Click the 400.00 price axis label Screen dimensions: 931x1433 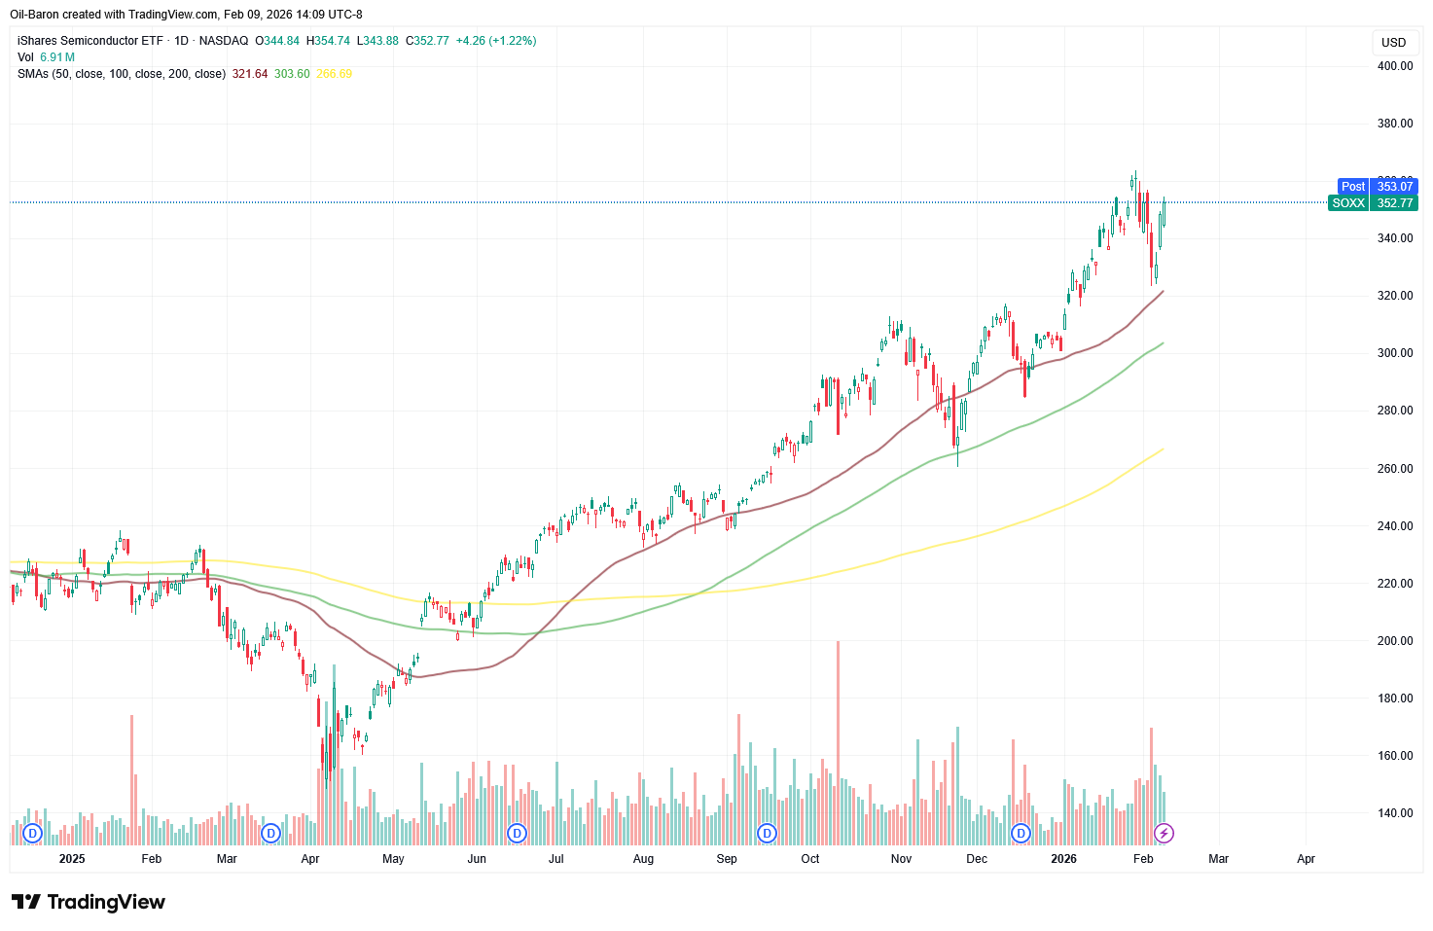pyautogui.click(x=1394, y=66)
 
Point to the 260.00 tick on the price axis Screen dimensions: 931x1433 pyautogui.click(x=1394, y=469)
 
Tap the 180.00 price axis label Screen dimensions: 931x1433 pyautogui.click(x=1394, y=698)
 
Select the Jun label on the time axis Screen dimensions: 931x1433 pyautogui.click(x=477, y=859)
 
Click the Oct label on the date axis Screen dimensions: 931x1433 pyautogui.click(x=810, y=859)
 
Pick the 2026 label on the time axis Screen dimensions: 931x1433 pyautogui.click(x=1063, y=859)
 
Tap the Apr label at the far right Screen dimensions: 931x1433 pyautogui.click(x=1306, y=859)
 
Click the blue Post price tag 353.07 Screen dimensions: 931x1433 pyautogui.click(x=1379, y=187)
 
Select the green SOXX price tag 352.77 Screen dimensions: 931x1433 pyautogui.click(x=1373, y=203)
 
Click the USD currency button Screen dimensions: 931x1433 pyautogui.click(x=1393, y=43)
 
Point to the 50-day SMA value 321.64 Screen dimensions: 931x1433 pyautogui.click(x=250, y=74)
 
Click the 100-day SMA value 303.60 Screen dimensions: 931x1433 pyautogui.click(x=292, y=74)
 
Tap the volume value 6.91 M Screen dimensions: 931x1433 pyautogui.click(x=57, y=57)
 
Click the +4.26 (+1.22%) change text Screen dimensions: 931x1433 pyautogui.click(x=496, y=41)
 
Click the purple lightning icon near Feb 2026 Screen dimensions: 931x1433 pyautogui.click(x=1164, y=833)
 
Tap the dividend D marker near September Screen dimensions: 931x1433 pyautogui.click(x=768, y=833)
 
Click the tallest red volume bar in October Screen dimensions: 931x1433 pyautogui.click(x=838, y=739)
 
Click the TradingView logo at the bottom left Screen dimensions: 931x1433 pyautogui.click(x=89, y=902)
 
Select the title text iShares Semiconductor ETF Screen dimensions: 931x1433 pyautogui.click(x=90, y=41)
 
